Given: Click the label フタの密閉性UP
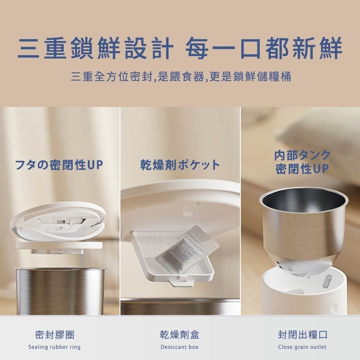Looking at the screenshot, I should coord(59,165).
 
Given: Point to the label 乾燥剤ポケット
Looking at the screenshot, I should coord(180,165).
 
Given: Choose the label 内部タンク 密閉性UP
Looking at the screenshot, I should coord(302,162).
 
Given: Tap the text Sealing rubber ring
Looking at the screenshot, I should coord(54,347).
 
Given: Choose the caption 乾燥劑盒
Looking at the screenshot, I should coord(180,334).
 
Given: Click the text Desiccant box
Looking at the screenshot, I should coord(180,347).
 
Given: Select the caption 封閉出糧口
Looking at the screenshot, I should coord(302,334).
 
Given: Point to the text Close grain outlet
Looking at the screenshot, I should coord(302,347).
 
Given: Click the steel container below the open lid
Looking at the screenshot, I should coord(59,292).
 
